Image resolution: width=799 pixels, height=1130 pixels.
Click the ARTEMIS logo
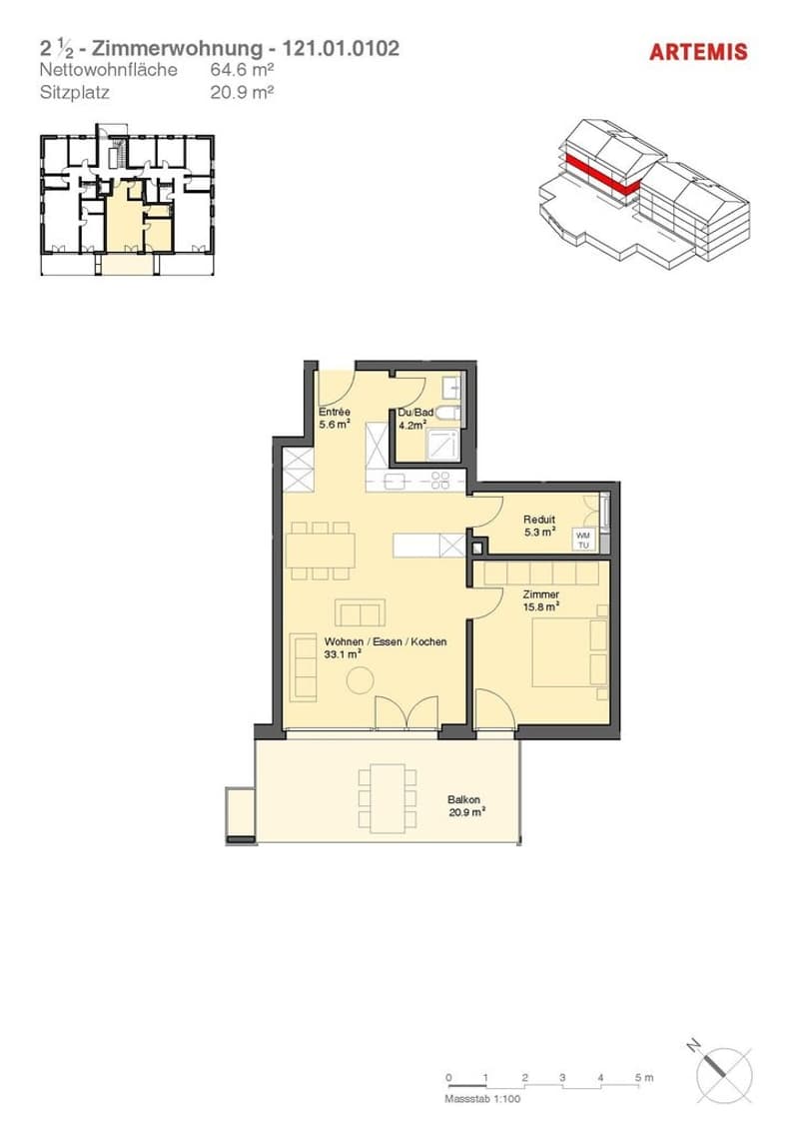click(698, 52)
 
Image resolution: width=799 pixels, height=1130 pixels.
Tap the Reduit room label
click(539, 520)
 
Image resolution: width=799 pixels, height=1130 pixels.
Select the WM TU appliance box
click(583, 541)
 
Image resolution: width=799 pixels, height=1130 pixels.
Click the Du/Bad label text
click(415, 413)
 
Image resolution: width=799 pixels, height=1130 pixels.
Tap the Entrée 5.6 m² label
click(335, 419)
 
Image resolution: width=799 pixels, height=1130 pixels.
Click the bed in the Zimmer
click(569, 652)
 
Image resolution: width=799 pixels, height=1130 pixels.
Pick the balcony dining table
click(388, 798)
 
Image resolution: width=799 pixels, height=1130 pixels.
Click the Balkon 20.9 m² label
click(465, 805)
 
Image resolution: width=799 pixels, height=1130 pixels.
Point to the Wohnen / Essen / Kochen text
click(386, 642)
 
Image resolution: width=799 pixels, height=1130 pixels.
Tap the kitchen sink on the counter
click(396, 483)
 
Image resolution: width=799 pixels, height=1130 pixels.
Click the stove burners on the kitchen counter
click(440, 481)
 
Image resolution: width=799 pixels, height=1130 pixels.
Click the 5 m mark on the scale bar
click(643, 1079)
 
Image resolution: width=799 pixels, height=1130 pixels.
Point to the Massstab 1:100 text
click(482, 1099)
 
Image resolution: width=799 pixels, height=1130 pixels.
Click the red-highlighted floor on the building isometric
click(601, 174)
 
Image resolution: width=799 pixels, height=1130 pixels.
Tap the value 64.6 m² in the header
click(242, 70)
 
